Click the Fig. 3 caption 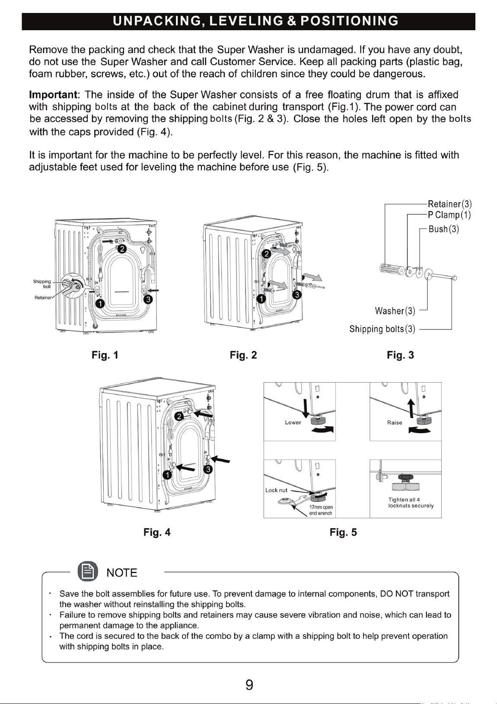tap(400, 355)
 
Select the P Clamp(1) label tap(449, 215)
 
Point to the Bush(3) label tap(444, 229)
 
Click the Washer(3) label tap(395, 311)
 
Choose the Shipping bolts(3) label tap(382, 329)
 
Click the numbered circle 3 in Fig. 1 tap(148, 299)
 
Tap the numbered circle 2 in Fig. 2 tap(266, 254)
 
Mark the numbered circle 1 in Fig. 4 tap(167, 475)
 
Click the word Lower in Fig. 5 tap(293, 422)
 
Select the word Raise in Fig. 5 tap(395, 423)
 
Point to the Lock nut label tap(276, 490)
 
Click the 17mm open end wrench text tap(321, 510)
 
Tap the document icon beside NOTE tap(88, 571)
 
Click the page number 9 tap(249, 685)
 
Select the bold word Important tap(53, 95)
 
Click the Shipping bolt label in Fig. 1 tap(42, 284)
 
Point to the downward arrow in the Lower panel tap(306, 409)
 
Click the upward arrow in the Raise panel tap(411, 409)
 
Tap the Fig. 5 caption tap(343, 532)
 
